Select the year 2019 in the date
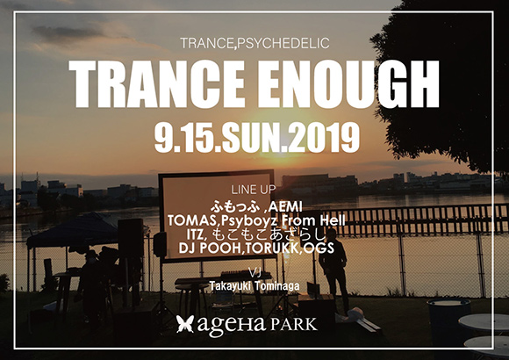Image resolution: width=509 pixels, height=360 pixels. click(321, 136)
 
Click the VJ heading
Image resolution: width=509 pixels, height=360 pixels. click(254, 271)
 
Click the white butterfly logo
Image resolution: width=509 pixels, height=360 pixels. click(185, 326)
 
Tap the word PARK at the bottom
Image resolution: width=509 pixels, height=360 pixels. click(292, 326)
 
